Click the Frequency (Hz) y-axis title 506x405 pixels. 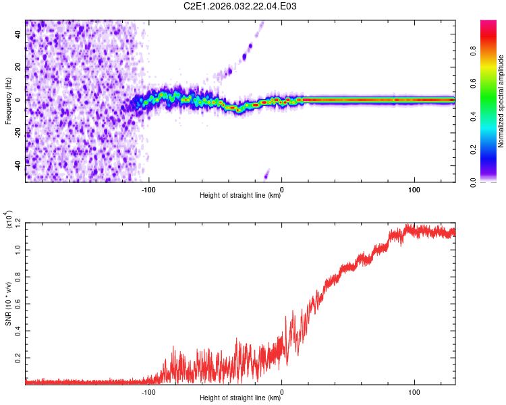click(x=8, y=101)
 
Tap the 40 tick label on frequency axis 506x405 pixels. click(x=18, y=35)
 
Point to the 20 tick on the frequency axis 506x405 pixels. click(x=18, y=67)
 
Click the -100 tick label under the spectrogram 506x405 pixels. click(x=148, y=188)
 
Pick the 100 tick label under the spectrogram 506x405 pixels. click(x=414, y=188)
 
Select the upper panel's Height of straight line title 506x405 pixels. click(x=240, y=196)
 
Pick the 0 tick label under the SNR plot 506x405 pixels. click(x=281, y=391)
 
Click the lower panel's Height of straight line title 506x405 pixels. click(x=240, y=399)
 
